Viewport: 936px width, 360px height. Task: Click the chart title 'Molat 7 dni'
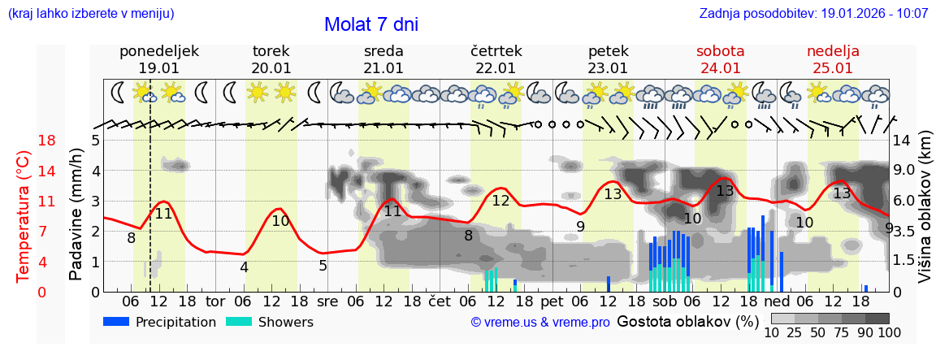[x=371, y=24]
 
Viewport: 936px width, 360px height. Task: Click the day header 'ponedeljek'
[x=158, y=51]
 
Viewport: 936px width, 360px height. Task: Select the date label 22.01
[x=496, y=68]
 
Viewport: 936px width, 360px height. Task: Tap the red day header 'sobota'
[x=720, y=51]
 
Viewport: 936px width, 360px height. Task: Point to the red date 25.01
[x=833, y=68]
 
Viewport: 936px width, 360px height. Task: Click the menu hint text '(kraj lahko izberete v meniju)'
[x=90, y=14]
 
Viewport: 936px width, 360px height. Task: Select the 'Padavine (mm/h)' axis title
[x=76, y=215]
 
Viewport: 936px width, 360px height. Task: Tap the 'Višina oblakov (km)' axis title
[x=924, y=215]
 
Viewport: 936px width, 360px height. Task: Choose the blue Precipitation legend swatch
[x=117, y=322]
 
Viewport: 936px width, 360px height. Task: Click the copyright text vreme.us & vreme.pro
[x=540, y=323]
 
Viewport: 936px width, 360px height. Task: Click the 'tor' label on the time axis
[x=215, y=301]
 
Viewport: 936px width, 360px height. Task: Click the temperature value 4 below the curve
[x=244, y=267]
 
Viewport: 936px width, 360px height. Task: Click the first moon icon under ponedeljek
[x=119, y=92]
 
